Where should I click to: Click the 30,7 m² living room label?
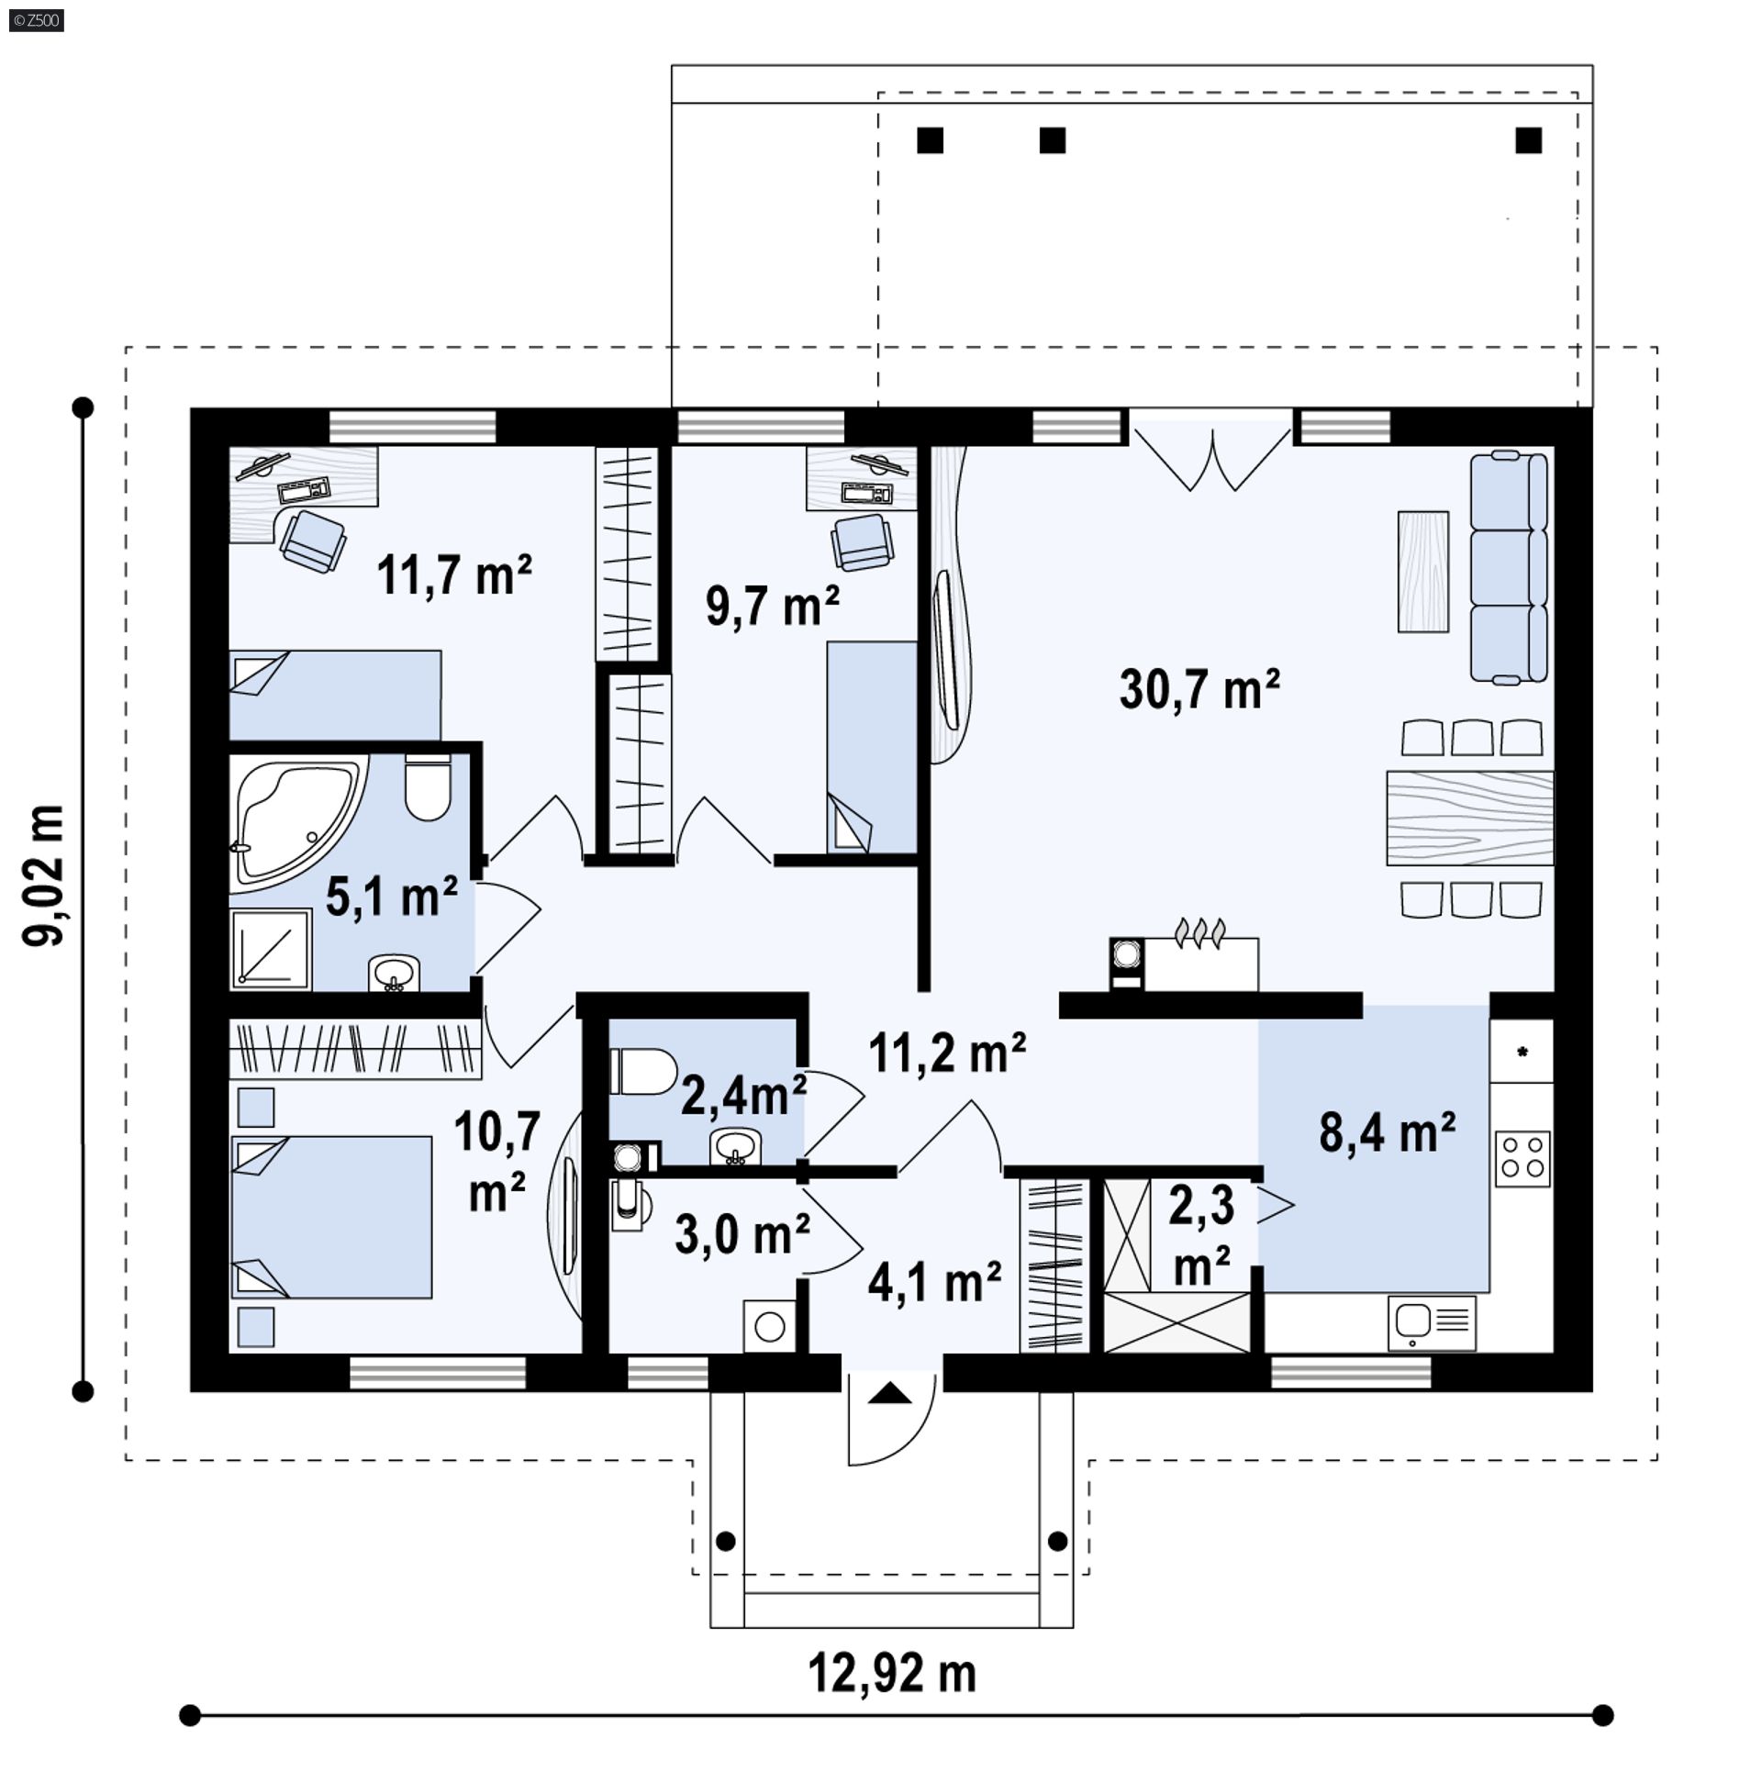pos(1198,689)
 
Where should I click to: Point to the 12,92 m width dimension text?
pos(892,1673)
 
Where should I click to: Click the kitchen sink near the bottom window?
pos(1431,1321)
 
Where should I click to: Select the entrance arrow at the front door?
pos(890,1394)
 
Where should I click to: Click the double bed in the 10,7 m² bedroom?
pos(330,1218)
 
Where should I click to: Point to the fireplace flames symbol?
pos(1199,932)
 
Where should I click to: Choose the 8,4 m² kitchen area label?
pos(1387,1132)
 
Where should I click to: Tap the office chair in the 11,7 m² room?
pos(314,540)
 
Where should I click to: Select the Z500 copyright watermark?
pos(36,20)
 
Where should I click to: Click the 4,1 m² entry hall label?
pos(934,1282)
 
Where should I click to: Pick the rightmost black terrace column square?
pos(1529,140)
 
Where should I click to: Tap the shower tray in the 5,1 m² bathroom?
pos(271,950)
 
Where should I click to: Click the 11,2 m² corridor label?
pos(947,1053)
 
